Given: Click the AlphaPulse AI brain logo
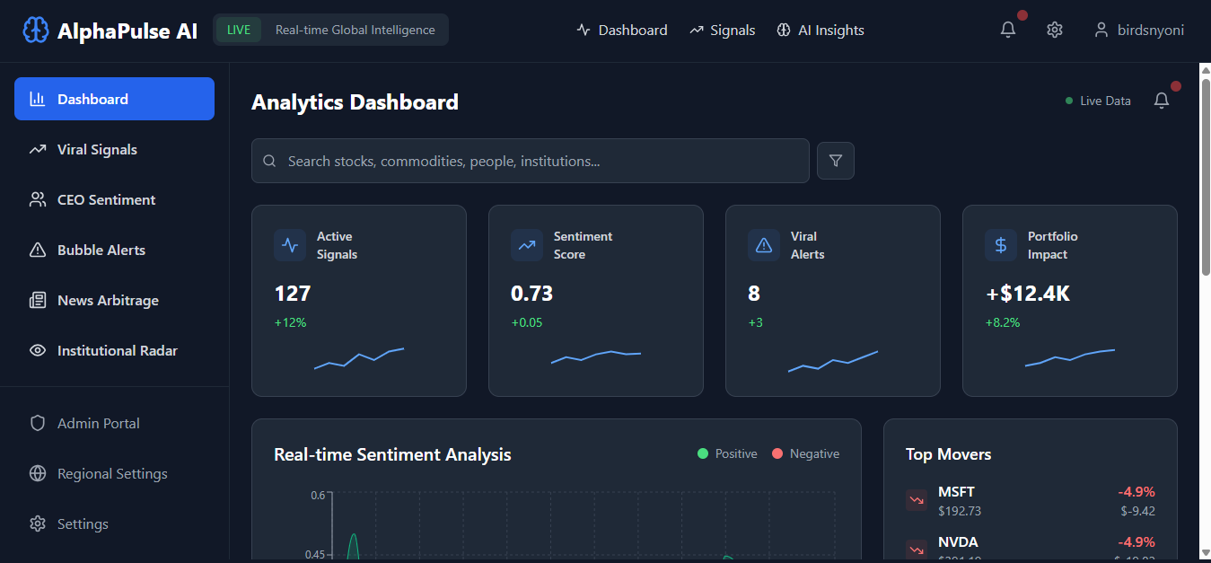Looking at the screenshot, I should tap(35, 31).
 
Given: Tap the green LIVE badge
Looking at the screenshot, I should tap(239, 30).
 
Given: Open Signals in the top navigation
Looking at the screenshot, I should tap(723, 31).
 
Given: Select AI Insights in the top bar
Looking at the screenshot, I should tap(820, 31).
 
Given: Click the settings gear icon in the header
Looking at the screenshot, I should tap(1055, 30).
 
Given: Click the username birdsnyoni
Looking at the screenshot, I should tap(1150, 31).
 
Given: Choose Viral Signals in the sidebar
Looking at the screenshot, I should tap(97, 150).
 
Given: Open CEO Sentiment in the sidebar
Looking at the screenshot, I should tap(106, 200).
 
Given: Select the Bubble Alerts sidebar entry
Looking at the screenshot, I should tap(101, 251).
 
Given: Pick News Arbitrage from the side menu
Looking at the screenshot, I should tap(108, 301).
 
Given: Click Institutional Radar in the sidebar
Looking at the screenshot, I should tap(117, 351).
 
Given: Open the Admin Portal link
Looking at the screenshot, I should tap(98, 424).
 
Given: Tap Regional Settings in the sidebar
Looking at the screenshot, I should tap(112, 474).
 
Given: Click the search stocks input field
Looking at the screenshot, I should tap(539, 162).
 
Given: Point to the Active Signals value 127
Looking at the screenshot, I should tap(293, 294).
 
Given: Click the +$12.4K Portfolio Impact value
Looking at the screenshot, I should tap(1028, 294).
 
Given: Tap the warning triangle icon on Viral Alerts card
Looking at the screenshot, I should tap(764, 245).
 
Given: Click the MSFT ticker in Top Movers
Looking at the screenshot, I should tap(956, 492).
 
